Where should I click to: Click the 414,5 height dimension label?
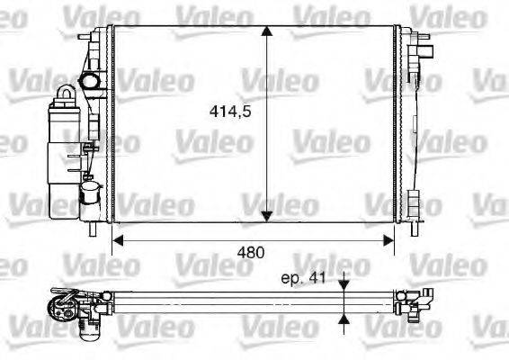coord(228,114)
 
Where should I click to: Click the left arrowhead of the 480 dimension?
coord(117,240)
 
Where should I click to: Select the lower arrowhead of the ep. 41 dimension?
coord(344,318)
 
